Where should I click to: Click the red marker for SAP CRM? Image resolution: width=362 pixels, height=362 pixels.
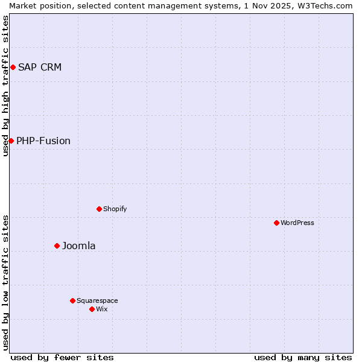(13, 67)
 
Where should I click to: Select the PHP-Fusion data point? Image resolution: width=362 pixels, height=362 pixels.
(11, 141)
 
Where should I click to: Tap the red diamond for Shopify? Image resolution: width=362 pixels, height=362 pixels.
(99, 209)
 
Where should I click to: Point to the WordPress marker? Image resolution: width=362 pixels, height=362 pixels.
(276, 223)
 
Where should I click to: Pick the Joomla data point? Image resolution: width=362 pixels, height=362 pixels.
(57, 246)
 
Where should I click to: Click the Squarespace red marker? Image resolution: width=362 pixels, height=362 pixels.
(72, 300)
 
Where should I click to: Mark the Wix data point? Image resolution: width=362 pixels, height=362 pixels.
(92, 309)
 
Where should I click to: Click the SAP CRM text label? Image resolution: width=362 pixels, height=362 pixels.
(40, 67)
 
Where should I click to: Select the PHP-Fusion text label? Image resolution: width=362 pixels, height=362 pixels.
(43, 141)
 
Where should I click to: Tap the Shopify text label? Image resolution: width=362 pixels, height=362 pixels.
(115, 209)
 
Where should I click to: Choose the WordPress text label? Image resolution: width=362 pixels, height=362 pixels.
(297, 223)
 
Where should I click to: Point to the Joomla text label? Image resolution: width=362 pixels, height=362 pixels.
(79, 246)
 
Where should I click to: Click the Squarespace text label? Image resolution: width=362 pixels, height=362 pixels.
(97, 300)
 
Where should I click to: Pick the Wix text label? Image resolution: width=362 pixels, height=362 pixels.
(102, 309)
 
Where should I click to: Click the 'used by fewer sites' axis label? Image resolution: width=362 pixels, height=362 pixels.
(62, 357)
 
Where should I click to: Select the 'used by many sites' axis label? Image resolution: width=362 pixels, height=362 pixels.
(303, 357)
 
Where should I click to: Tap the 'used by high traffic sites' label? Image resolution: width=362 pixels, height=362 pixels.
(5, 86)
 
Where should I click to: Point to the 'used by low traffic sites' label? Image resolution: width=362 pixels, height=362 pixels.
(5, 282)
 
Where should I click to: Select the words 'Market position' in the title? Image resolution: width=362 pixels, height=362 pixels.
(37, 5)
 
